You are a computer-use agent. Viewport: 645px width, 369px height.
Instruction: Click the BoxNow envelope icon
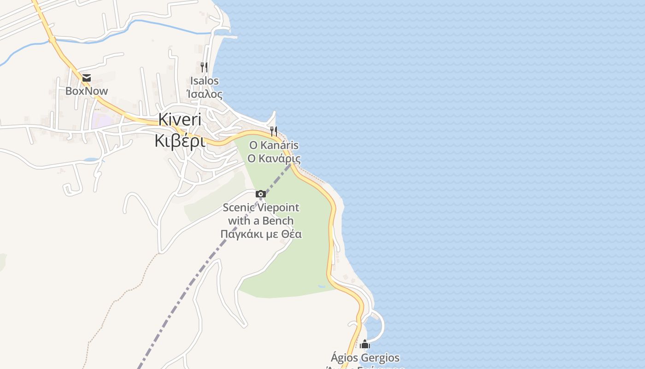[x=86, y=78]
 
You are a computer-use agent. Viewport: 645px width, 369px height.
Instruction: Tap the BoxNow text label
[x=87, y=91]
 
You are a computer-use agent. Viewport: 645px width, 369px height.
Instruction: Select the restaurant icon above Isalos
[x=204, y=67]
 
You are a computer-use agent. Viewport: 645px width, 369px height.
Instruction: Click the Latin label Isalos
[x=205, y=81]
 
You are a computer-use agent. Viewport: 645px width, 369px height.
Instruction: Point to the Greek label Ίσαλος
[x=205, y=95]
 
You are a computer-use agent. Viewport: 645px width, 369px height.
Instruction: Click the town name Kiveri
[x=180, y=119]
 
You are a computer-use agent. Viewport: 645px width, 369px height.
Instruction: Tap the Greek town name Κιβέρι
[x=180, y=141]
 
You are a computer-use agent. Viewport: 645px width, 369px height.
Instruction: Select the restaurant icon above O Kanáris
[x=274, y=131]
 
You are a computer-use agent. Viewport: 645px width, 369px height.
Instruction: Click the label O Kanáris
[x=274, y=145]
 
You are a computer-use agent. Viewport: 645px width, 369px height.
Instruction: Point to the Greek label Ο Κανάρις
[x=274, y=159]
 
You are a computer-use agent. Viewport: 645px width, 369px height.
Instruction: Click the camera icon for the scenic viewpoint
[x=261, y=194]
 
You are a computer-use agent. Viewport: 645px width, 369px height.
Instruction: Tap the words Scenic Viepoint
[x=261, y=208]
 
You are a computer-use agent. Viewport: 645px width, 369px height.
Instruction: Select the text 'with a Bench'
[x=261, y=220]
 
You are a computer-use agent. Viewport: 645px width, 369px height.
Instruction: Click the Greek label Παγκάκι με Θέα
[x=261, y=234]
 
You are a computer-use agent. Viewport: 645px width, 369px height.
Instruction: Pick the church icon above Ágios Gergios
[x=365, y=345]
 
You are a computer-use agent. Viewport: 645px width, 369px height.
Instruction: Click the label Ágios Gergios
[x=365, y=357]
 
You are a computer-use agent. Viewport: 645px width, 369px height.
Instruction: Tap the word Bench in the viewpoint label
[x=278, y=220]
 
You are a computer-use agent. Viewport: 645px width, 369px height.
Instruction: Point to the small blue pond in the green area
[x=321, y=286]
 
